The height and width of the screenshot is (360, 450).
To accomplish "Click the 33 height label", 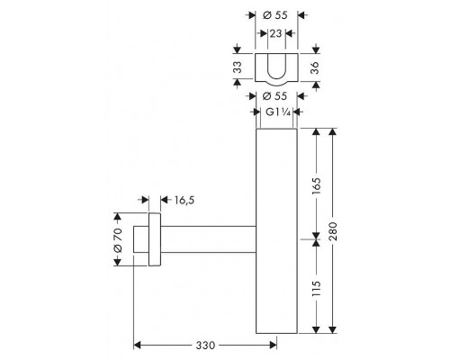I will click(x=237, y=67).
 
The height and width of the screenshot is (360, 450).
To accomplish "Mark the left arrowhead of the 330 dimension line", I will click(x=137, y=343).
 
